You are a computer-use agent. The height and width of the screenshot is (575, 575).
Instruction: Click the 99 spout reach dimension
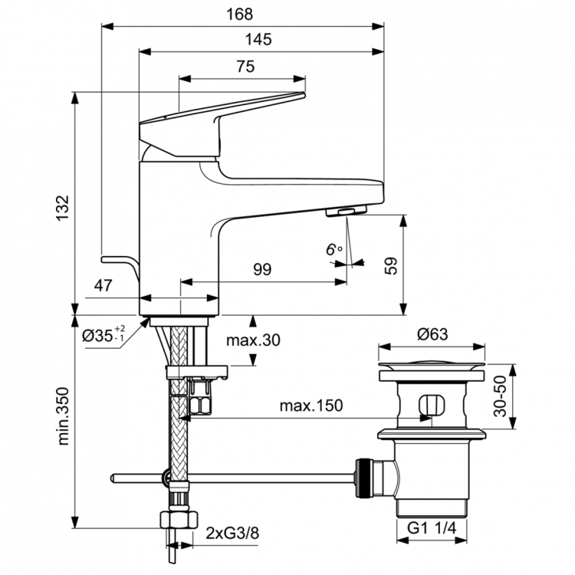point(262,269)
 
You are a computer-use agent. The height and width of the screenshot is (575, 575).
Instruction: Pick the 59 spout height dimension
point(391,266)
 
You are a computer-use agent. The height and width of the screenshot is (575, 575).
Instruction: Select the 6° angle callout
point(333,249)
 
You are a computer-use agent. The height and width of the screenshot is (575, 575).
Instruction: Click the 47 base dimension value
point(104,286)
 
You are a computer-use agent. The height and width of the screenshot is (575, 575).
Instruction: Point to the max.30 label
point(255,340)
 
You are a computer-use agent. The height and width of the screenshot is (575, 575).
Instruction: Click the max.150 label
point(310,405)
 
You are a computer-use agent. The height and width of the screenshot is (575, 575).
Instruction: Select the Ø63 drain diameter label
point(432,334)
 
